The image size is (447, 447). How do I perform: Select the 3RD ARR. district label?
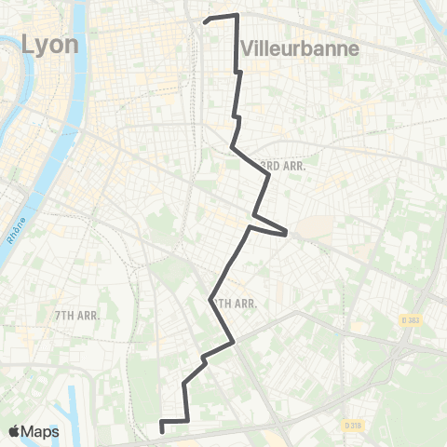point(284,165)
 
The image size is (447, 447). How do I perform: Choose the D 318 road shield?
point(352,425)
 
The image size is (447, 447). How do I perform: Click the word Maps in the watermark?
point(42,431)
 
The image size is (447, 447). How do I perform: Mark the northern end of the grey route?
point(206,19)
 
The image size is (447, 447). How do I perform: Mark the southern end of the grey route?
point(163,430)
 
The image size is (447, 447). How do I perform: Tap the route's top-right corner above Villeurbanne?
point(237,15)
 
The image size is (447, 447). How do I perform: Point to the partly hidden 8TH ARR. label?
point(233,303)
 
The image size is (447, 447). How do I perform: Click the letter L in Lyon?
point(29,43)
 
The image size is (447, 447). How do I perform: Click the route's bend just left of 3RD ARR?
point(233,148)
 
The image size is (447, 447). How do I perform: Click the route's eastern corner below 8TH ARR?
point(233,342)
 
